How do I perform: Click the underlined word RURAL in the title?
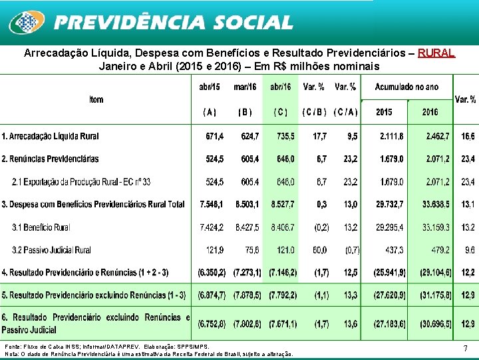click(436, 53)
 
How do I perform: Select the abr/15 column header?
click(210, 87)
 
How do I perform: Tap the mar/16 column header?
click(245, 87)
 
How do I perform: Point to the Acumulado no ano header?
click(406, 87)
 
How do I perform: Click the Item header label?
click(96, 99)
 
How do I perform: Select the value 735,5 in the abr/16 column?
click(281, 136)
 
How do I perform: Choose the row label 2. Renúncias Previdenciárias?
click(50, 159)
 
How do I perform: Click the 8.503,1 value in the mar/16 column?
click(247, 205)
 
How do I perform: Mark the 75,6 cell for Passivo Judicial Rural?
click(251, 250)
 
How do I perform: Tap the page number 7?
click(465, 348)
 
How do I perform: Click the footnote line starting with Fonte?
click(106, 347)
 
